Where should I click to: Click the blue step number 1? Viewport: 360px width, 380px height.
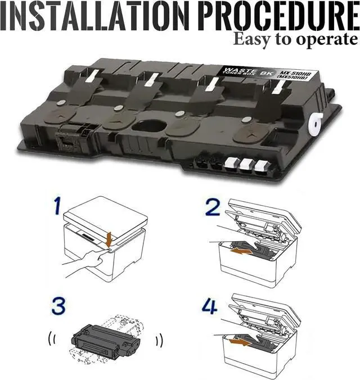57,206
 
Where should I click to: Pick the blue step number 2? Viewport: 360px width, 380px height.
213,207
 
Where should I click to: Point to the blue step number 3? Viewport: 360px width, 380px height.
58,306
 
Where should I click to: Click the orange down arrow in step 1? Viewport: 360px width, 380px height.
110,239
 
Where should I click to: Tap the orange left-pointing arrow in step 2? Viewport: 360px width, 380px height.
241,252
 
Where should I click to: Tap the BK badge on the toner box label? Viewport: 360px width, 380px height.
267,74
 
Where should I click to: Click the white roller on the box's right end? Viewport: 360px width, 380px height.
316,124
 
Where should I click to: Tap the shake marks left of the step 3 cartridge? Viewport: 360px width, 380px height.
51,338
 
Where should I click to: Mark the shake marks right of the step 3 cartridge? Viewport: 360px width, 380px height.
159,341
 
